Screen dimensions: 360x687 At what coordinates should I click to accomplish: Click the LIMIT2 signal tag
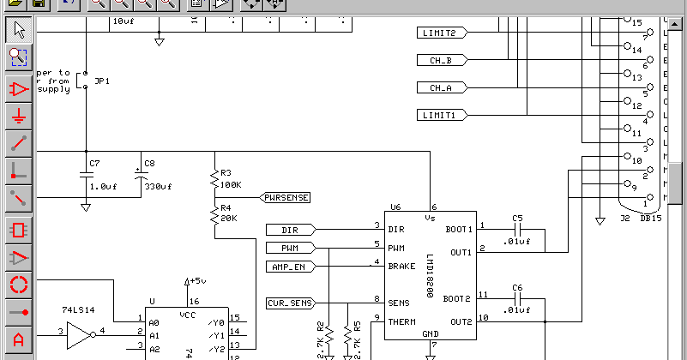443,33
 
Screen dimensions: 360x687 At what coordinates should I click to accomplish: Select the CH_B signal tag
443,60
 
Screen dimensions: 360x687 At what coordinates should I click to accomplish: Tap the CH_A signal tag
443,87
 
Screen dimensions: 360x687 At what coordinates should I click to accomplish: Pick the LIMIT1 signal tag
443,115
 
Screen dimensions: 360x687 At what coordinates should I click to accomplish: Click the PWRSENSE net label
286,197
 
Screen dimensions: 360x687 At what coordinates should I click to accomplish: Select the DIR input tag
289,229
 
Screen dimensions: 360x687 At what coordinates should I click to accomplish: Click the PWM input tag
289,248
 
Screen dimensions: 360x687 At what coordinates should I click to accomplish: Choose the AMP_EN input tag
289,267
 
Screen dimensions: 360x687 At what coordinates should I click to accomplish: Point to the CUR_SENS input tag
289,303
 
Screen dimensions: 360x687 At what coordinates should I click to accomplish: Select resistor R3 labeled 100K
214,180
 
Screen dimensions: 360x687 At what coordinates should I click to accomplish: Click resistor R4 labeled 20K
214,215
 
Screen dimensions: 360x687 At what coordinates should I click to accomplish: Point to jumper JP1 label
102,81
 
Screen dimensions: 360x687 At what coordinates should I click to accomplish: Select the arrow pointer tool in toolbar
19,31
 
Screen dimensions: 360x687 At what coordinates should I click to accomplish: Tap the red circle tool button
19,285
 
